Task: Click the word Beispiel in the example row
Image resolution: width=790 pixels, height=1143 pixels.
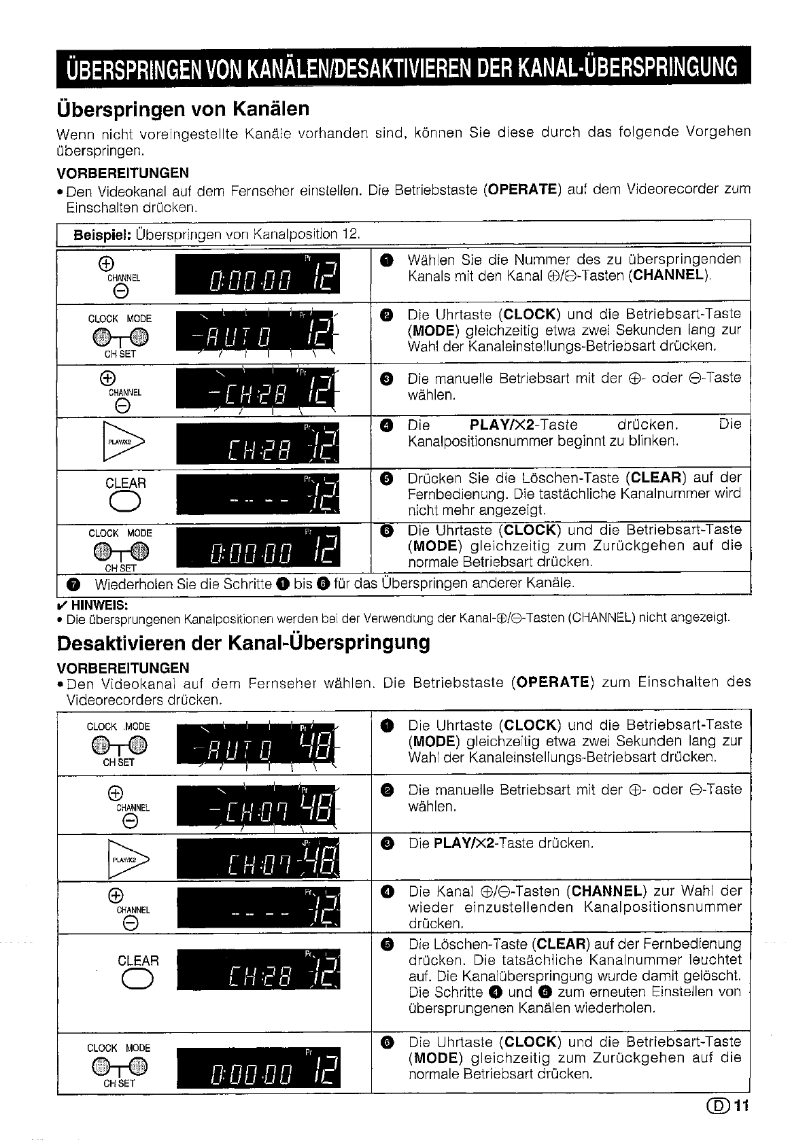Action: (103, 234)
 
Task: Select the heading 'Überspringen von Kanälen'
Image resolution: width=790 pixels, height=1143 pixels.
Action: (183, 109)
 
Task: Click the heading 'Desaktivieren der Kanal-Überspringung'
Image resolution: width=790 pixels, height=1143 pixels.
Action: (243, 643)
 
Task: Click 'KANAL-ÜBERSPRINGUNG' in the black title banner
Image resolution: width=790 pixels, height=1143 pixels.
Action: (627, 68)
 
